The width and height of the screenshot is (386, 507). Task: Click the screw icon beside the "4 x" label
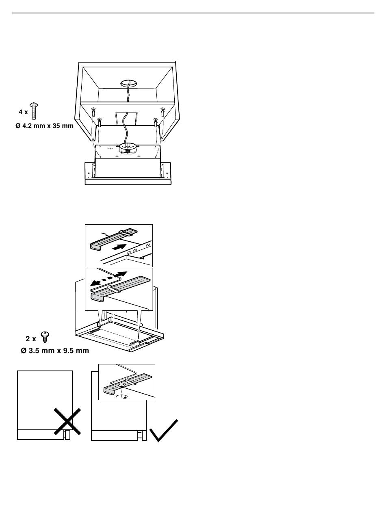coord(34,111)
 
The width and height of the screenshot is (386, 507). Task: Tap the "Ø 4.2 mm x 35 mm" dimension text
coord(44,126)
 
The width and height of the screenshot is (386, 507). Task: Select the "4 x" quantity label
coord(23,112)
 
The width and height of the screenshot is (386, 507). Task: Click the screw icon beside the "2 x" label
coord(45,337)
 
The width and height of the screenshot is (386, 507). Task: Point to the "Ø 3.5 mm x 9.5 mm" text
coord(55,351)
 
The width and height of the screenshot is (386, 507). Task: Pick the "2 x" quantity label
coord(31,339)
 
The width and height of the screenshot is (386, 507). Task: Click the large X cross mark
coord(67,421)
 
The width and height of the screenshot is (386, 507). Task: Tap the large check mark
coord(164,430)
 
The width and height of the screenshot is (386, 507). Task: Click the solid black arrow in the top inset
coord(119,247)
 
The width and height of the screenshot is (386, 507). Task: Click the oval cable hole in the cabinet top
coord(129,83)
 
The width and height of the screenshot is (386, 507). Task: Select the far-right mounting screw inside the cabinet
coord(163,112)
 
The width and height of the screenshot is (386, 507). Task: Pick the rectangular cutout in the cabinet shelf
coord(127,119)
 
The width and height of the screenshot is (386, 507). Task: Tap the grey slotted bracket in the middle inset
coord(120,288)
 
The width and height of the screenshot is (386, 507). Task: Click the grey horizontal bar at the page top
coord(193,13)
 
